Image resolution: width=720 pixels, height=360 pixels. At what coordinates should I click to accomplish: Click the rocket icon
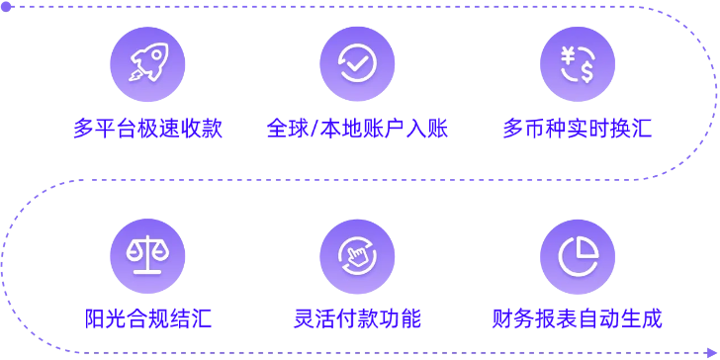coord(147,63)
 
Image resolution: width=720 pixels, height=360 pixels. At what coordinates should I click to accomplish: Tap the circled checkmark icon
coord(357,63)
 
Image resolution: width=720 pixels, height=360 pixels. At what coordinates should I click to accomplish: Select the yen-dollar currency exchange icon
coord(578,63)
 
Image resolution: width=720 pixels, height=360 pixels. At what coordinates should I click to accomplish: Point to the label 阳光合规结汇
coord(147,319)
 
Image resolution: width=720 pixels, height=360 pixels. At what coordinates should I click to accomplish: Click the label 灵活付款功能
coord(357,319)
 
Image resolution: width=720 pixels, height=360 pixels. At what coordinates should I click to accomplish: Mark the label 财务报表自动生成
coord(578,319)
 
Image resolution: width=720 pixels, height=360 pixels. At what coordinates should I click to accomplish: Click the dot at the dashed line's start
coord(5,6)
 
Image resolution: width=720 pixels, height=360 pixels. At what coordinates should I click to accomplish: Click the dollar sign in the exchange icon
coord(586,71)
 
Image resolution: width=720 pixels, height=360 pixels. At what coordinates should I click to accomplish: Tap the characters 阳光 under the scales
coord(105,319)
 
